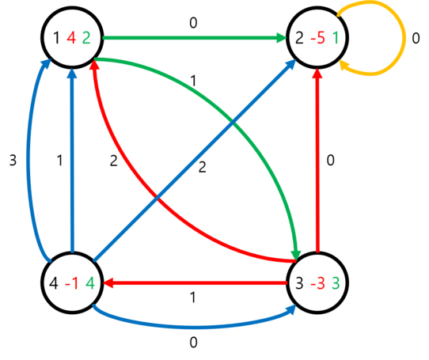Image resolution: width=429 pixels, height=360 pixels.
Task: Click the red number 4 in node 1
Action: coord(71,38)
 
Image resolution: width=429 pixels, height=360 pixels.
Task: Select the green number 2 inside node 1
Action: coord(86,38)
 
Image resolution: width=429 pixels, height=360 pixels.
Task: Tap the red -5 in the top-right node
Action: coord(318,38)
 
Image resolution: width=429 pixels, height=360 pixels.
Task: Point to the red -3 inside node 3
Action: coord(318,283)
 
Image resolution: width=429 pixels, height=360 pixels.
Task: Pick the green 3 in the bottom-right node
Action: coord(336,283)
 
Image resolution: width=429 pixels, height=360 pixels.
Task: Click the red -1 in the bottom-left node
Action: coord(72,283)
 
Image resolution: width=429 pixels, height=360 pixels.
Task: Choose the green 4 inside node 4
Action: coord(90,283)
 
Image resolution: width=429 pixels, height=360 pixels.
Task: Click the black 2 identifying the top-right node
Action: coord(299,38)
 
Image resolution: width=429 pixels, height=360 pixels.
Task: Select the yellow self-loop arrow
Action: coord(404,37)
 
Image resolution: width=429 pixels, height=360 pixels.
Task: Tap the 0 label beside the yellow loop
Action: coord(416,38)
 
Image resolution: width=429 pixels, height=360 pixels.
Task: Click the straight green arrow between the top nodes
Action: coord(195,38)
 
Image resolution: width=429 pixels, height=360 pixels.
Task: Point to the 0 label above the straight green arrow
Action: coord(193,23)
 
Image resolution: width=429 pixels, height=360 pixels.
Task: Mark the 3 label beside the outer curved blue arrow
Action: coord(13,160)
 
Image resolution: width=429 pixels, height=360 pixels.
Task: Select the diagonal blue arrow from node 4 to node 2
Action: coord(195,161)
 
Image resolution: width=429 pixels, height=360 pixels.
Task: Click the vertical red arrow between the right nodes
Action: coord(317,161)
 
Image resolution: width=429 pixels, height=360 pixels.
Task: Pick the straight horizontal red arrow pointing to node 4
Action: coord(195,283)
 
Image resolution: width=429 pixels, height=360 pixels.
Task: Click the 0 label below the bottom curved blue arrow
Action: coord(193,343)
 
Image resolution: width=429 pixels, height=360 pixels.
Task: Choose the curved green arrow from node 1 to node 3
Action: coord(233,120)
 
